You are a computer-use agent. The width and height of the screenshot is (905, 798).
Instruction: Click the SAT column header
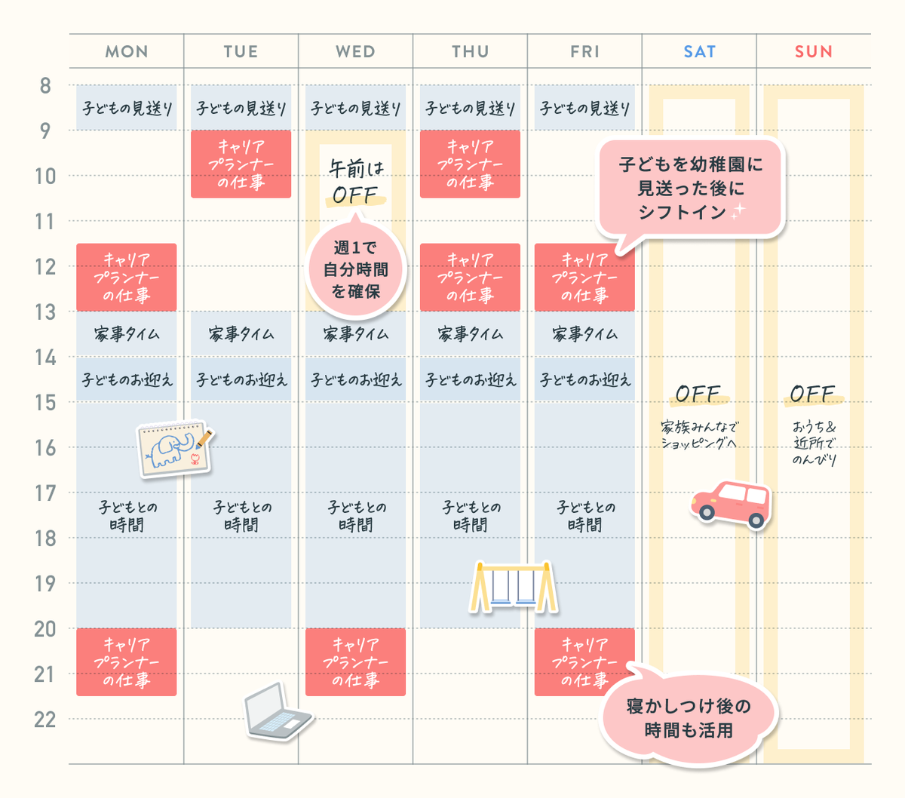click(x=700, y=52)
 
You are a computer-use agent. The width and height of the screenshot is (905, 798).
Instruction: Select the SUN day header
click(x=814, y=52)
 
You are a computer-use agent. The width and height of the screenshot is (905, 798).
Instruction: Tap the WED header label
click(x=355, y=52)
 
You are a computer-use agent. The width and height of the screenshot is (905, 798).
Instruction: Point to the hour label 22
click(x=45, y=720)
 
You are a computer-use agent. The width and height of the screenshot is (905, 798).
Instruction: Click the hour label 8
click(x=45, y=85)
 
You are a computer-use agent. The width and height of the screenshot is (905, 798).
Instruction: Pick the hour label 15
click(x=45, y=403)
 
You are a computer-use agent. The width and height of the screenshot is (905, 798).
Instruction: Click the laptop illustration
click(x=278, y=711)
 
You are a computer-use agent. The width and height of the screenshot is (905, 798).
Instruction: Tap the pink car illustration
click(x=732, y=505)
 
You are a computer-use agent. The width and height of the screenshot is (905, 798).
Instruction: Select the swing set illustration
click(x=514, y=587)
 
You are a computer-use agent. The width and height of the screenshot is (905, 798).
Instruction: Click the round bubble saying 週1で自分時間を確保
click(x=355, y=269)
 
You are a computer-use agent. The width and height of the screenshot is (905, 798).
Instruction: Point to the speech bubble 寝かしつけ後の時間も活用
click(x=689, y=717)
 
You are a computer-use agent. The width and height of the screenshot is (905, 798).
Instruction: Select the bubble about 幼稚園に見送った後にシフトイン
click(x=691, y=188)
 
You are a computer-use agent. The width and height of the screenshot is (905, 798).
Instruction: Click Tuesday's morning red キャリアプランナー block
click(x=241, y=164)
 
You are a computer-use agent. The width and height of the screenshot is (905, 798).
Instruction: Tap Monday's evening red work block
click(x=127, y=662)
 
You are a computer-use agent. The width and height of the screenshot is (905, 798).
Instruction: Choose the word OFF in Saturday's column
click(x=698, y=394)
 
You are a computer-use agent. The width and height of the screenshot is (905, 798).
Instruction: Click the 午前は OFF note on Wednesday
click(x=356, y=182)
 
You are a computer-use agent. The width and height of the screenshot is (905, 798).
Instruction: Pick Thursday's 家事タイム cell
click(x=470, y=334)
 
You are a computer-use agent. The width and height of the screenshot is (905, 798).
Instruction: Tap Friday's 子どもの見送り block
click(x=584, y=108)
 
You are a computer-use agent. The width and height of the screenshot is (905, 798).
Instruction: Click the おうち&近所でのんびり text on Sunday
click(x=814, y=444)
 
